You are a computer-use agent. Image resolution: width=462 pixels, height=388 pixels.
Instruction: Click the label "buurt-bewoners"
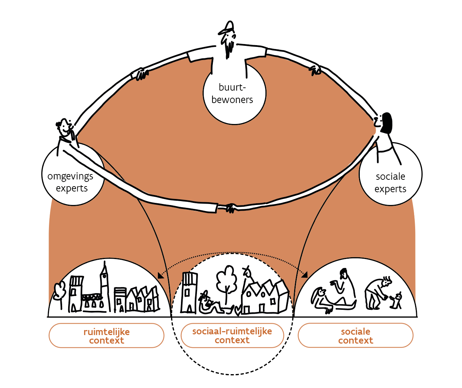[232, 93]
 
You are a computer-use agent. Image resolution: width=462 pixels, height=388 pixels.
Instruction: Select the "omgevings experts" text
[71, 182]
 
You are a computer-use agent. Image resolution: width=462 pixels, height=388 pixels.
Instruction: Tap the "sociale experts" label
[390, 183]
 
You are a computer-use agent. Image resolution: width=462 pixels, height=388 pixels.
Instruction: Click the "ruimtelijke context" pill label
[106, 336]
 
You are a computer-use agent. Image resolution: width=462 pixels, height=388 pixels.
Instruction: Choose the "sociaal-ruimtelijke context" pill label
[232, 335]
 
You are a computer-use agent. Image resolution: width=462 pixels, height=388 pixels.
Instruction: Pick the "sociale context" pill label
[356, 336]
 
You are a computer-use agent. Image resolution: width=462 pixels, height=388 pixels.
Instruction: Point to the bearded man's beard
[229, 48]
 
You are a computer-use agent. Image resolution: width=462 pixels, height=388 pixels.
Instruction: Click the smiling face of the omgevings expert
[65, 128]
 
